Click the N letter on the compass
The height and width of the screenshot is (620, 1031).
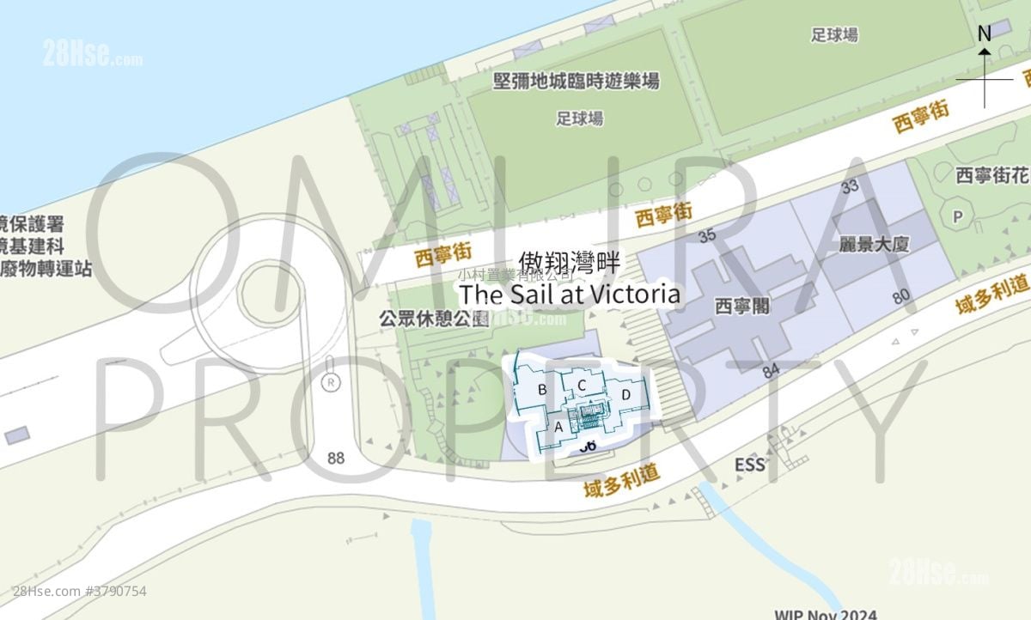pyautogui.click(x=985, y=33)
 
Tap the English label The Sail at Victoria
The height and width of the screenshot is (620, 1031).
pyautogui.click(x=570, y=295)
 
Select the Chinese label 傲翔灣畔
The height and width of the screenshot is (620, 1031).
pyautogui.click(x=570, y=263)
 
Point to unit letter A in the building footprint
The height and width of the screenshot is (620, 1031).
pyautogui.click(x=558, y=426)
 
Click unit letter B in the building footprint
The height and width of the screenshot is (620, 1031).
pyautogui.click(x=542, y=389)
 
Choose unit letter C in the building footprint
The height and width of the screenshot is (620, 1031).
pyautogui.click(x=582, y=385)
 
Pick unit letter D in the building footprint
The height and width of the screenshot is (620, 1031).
pyautogui.click(x=626, y=394)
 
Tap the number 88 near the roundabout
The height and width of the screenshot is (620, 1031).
pyautogui.click(x=336, y=458)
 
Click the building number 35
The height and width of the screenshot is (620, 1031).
pyautogui.click(x=708, y=235)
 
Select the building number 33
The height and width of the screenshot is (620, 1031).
pyautogui.click(x=851, y=185)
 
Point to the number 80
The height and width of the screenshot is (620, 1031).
pyautogui.click(x=901, y=297)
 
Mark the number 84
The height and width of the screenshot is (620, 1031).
pyautogui.click(x=770, y=372)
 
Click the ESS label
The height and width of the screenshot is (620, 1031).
pyautogui.click(x=749, y=465)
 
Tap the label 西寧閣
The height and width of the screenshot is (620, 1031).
pyautogui.click(x=741, y=306)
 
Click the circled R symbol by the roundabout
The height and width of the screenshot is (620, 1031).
pyautogui.click(x=330, y=383)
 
